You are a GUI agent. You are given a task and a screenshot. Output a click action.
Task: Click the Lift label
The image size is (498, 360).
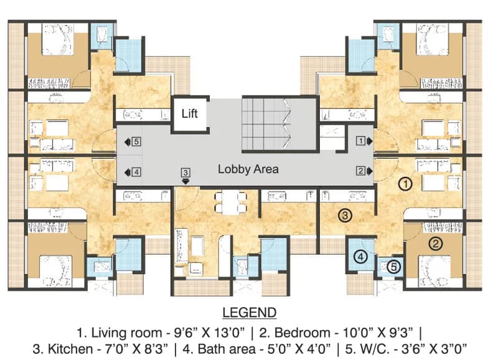[x=190, y=113]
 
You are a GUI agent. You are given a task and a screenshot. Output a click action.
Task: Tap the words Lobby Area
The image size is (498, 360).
[x=248, y=169]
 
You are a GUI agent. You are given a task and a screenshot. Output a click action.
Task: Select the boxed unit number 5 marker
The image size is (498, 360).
[x=136, y=141]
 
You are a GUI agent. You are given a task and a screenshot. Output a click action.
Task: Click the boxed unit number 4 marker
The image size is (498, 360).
[x=136, y=173]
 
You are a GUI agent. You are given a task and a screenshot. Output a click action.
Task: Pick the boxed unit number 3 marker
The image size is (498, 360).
[x=186, y=173]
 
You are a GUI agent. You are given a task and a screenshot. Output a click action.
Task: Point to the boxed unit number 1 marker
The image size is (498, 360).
[x=360, y=140]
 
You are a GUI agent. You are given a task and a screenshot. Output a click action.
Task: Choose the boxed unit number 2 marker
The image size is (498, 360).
[x=360, y=171]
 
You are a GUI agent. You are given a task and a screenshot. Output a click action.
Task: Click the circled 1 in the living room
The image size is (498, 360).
[x=405, y=184]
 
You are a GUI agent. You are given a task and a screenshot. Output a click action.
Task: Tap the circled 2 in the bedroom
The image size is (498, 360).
[x=436, y=244]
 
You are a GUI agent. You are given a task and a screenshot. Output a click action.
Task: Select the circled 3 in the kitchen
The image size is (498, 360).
[x=345, y=216]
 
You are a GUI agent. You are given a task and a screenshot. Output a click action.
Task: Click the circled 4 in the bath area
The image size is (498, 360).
[x=360, y=257]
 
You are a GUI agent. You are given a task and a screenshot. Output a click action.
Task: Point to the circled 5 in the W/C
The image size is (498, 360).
[x=393, y=267]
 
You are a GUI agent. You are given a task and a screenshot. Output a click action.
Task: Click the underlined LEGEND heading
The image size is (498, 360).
[x=250, y=313]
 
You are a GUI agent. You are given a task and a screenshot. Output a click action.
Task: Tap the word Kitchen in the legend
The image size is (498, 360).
[x=71, y=349]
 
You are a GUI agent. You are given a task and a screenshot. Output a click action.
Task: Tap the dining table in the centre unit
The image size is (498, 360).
[x=231, y=202]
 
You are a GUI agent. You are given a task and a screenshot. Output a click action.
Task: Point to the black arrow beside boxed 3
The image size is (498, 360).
[x=186, y=181]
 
